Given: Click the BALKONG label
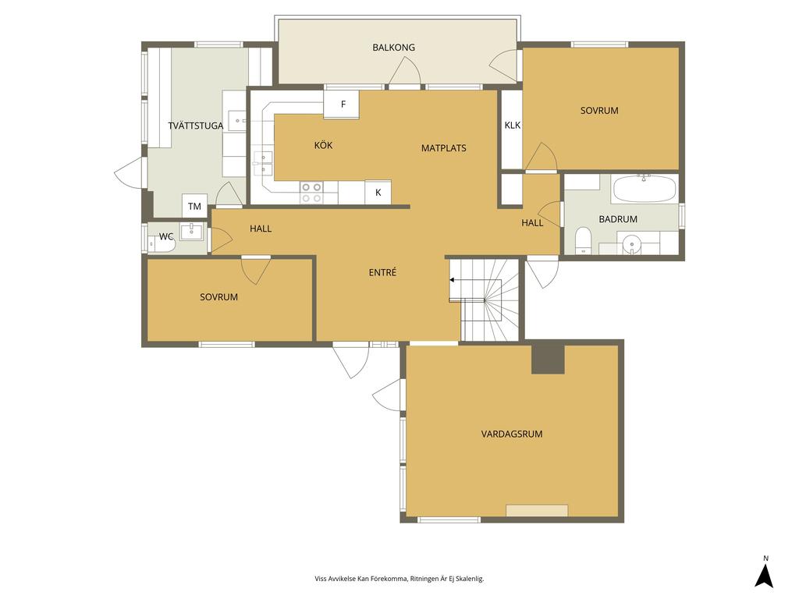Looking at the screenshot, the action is [393, 48].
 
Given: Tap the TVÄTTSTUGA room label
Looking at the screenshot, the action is [196, 126].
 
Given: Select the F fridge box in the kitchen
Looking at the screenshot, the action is [342, 105].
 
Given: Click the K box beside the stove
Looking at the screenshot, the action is [378, 192].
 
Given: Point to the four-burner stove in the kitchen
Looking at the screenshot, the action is [311, 193].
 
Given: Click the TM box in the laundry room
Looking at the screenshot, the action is [194, 206].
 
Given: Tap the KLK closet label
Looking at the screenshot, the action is [513, 126].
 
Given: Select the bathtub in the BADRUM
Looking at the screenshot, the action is [645, 189].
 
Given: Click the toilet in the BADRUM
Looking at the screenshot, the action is [582, 240].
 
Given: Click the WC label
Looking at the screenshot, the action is [166, 237].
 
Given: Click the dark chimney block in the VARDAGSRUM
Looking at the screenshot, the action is [548, 360].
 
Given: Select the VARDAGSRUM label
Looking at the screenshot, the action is [512, 434].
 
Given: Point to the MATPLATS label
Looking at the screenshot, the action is [444, 148].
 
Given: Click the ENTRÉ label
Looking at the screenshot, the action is [382, 272].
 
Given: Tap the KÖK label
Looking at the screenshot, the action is [323, 145].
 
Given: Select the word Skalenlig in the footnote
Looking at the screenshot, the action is [469, 579].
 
